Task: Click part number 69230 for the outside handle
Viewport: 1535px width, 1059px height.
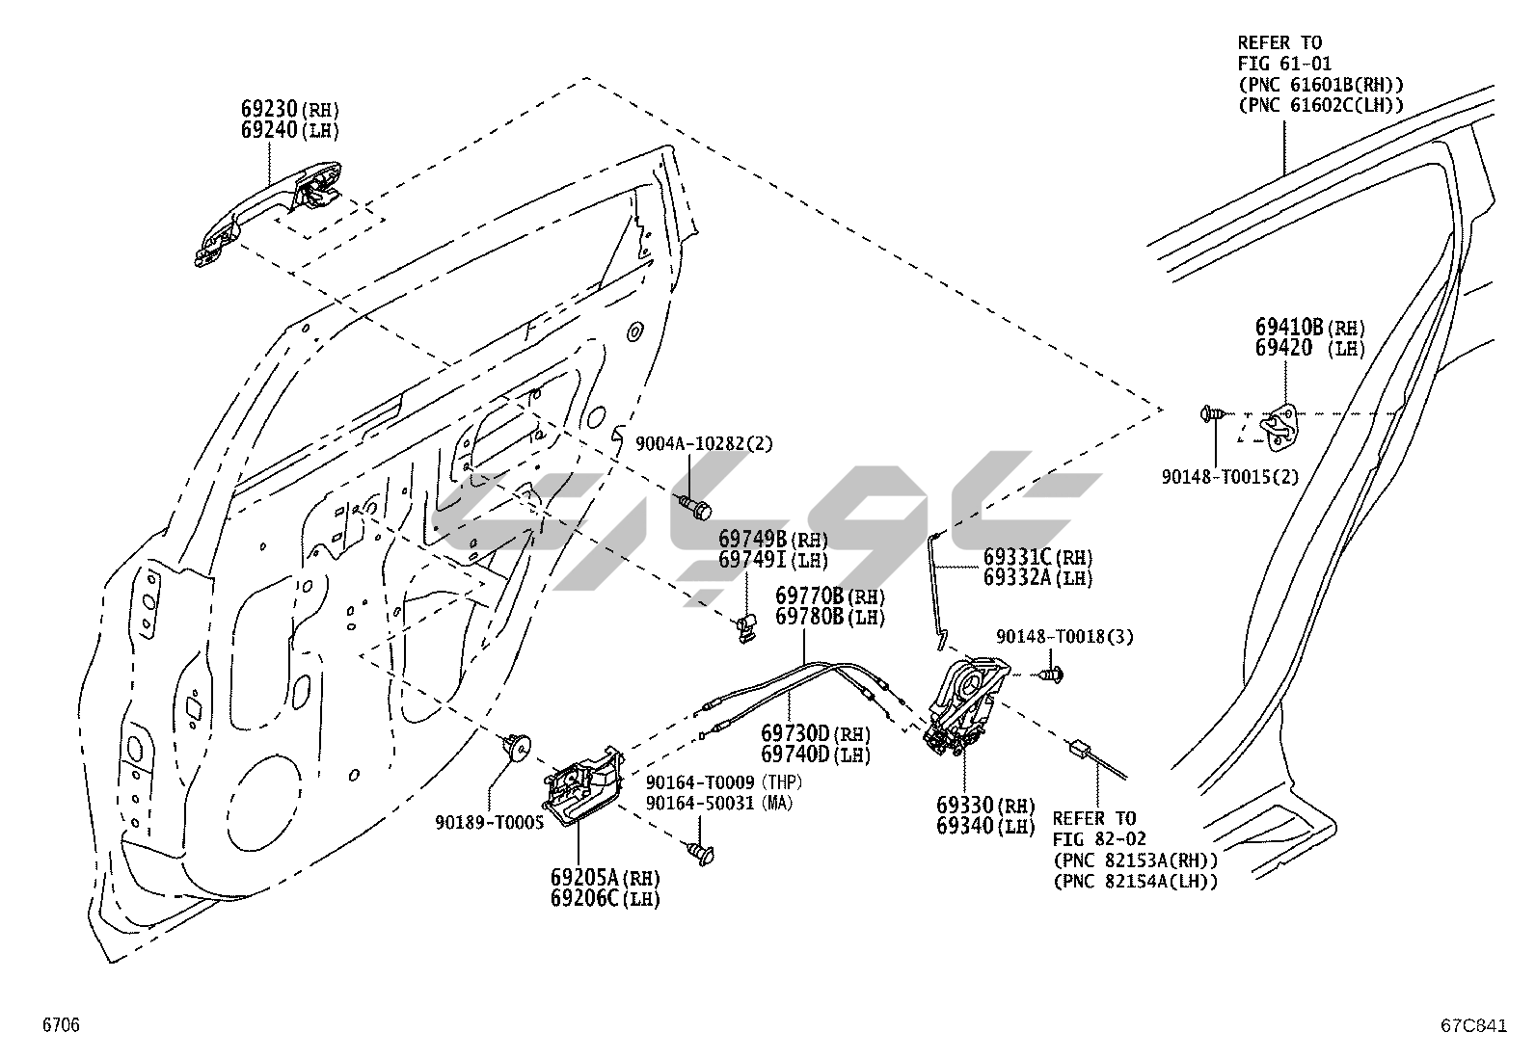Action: click(x=270, y=108)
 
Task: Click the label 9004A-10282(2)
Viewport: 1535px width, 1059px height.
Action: click(x=704, y=443)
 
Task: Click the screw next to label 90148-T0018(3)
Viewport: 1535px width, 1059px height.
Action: click(x=1056, y=675)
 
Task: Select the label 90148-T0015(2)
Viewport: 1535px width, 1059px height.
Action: click(x=1229, y=476)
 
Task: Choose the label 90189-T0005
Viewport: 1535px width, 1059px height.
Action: click(x=489, y=821)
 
